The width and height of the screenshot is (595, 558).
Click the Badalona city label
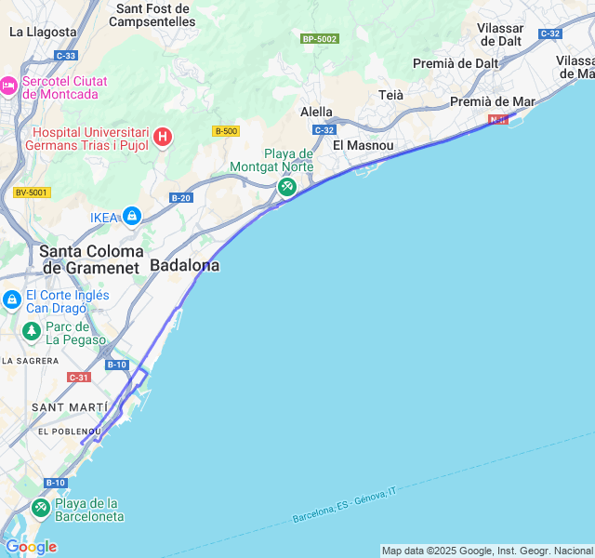tap(185, 265)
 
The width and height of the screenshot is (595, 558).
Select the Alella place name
tap(316, 112)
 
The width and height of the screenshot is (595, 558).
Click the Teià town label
tap(391, 95)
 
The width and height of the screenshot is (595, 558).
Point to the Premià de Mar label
tap(493, 101)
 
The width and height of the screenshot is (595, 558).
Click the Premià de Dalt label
tap(456, 63)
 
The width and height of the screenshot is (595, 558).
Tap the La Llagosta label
tap(43, 31)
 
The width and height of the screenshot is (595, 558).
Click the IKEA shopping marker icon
tap(132, 217)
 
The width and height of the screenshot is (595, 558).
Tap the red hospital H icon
tap(163, 138)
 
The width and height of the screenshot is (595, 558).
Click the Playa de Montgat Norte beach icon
tap(287, 187)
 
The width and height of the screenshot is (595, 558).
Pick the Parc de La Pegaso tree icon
tap(32, 331)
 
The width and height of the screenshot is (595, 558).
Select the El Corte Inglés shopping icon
tap(11, 300)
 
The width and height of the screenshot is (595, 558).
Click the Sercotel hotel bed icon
tap(8, 86)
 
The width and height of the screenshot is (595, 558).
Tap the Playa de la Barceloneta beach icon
tap(40, 508)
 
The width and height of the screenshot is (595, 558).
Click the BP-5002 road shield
tap(320, 39)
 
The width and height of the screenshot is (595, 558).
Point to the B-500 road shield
tap(225, 131)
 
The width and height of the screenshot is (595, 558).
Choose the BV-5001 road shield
tap(32, 193)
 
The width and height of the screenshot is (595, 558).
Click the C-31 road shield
tap(79, 377)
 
